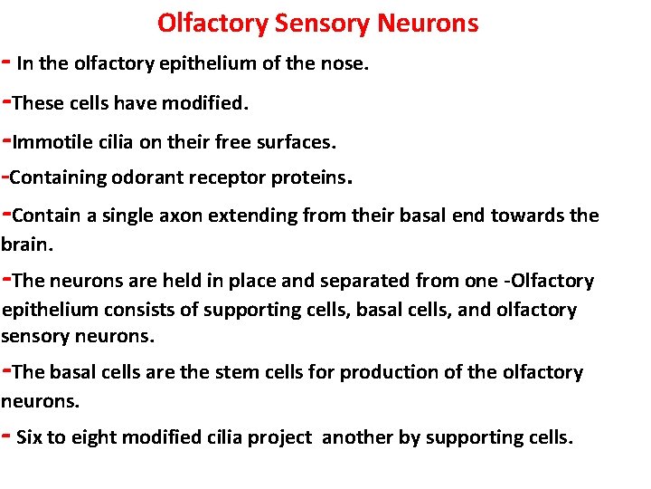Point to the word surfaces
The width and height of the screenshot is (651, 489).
[297, 142]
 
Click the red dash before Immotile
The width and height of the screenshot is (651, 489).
[6, 140]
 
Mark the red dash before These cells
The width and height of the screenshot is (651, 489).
[6, 101]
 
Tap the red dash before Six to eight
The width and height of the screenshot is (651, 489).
[6, 436]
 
